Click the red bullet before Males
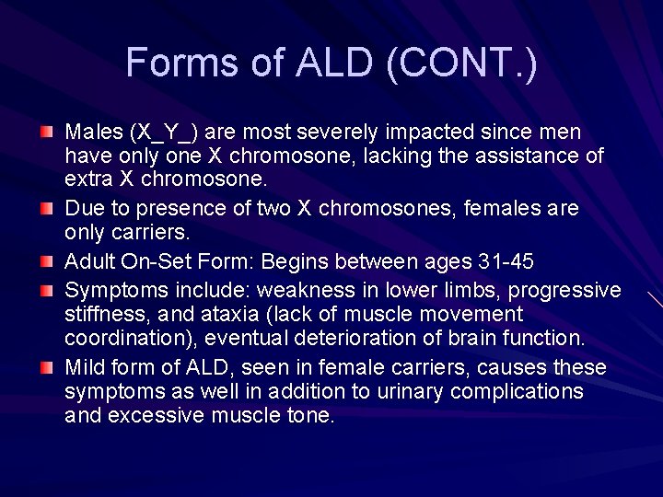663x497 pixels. pos(47,133)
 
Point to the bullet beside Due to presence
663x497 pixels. pos(47,210)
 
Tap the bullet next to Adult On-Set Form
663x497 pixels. pos(47,262)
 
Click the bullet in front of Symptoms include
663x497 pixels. pos(47,290)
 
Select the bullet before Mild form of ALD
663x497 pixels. pos(47,368)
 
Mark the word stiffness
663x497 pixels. pos(101,315)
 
